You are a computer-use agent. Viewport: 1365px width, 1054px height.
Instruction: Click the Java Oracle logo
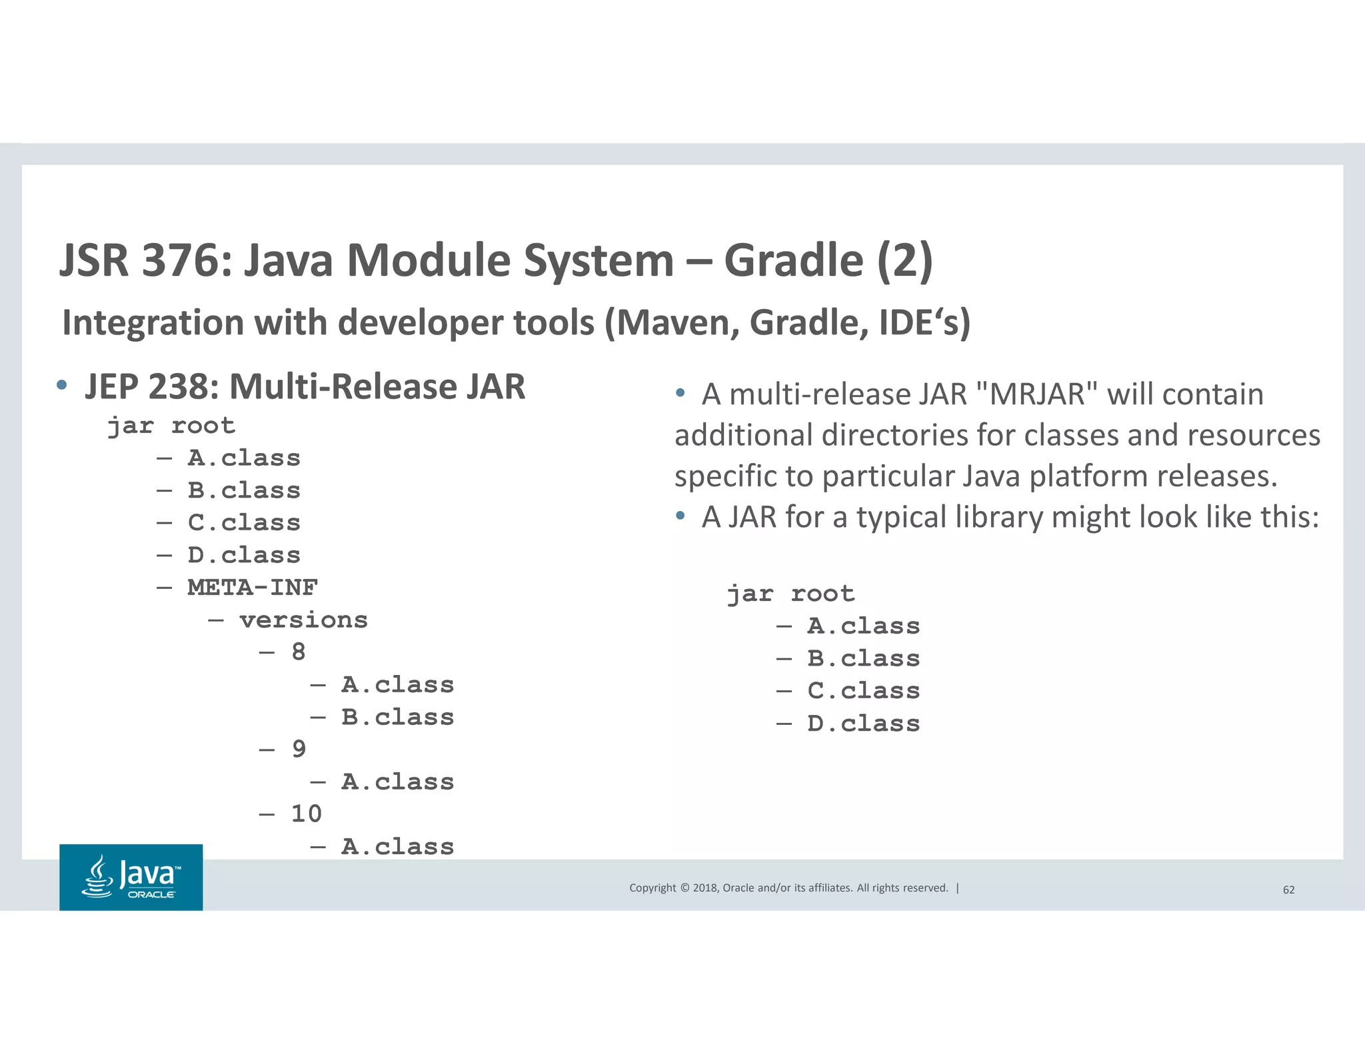click(x=131, y=877)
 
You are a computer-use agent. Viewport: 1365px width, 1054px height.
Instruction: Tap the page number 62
click(x=1288, y=889)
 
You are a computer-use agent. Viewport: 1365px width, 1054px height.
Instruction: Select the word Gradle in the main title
click(x=793, y=260)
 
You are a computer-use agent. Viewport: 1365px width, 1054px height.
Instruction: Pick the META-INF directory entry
click(x=253, y=588)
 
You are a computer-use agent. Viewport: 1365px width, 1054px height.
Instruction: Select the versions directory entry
click(x=303, y=620)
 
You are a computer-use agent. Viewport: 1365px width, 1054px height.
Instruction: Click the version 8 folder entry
click(x=299, y=652)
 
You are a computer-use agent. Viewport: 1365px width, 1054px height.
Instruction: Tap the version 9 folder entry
click(x=299, y=750)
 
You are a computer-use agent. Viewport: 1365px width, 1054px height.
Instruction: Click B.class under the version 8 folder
click(x=397, y=718)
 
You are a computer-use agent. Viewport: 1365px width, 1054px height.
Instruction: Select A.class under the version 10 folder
click(x=397, y=847)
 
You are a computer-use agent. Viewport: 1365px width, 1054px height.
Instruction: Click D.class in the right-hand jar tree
click(x=863, y=724)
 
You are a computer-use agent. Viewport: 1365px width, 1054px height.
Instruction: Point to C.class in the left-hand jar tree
click(x=244, y=523)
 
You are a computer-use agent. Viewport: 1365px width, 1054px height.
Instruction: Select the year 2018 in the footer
click(x=704, y=888)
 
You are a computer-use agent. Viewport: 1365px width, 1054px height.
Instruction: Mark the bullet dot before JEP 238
click(x=62, y=385)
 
